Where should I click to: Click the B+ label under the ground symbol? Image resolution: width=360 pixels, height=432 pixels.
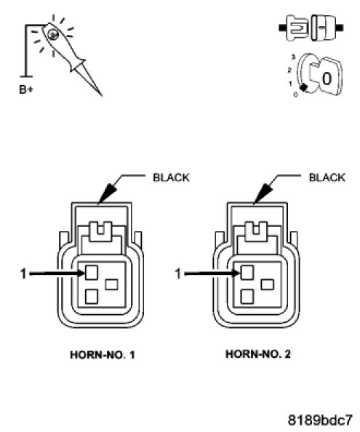pos(26,89)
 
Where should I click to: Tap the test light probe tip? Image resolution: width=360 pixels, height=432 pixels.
pos(102,96)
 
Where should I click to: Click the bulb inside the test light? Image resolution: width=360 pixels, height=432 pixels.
pos(52,34)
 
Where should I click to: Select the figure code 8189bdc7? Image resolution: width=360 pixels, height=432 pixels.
pos(320,420)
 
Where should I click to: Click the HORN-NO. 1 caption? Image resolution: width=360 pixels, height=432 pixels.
pos(103,355)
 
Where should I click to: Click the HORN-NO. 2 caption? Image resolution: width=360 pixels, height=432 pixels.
pos(258,354)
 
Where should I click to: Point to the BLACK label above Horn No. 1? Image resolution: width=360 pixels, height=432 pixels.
pos(171,177)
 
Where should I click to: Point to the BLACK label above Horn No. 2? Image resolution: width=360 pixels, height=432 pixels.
pos(327,177)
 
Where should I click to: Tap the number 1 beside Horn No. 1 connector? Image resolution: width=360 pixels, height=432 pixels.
pos(23,274)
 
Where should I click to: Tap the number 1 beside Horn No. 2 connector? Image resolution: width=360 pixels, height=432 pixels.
pos(178,274)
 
